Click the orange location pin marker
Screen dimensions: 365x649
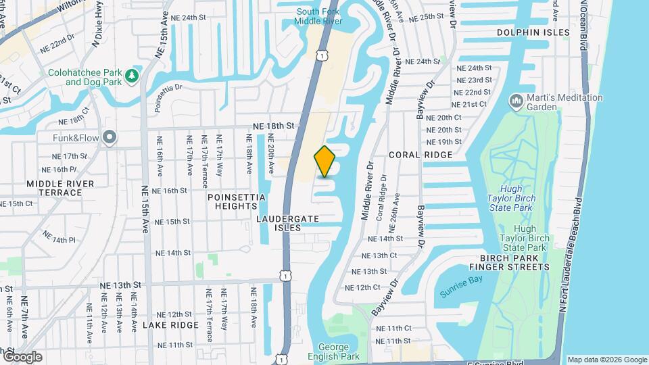[x=325, y=162]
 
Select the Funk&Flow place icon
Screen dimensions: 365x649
[x=110, y=138]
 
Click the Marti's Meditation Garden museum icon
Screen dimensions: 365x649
[x=517, y=101]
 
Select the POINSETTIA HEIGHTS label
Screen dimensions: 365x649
[x=237, y=201]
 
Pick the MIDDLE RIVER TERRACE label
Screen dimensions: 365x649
[x=54, y=188]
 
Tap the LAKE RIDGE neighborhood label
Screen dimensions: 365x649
[x=170, y=324]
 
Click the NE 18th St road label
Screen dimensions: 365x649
[x=274, y=126]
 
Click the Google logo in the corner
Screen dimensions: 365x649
[x=22, y=356]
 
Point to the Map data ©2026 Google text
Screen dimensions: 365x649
[x=606, y=360]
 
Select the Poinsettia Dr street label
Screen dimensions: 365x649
[x=169, y=96]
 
